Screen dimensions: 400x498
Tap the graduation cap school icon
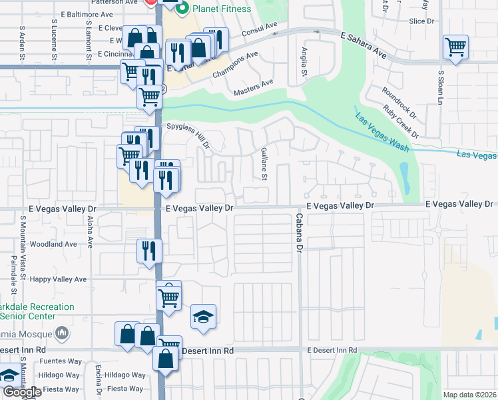(204, 317)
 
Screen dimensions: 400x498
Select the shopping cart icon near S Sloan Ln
(456, 47)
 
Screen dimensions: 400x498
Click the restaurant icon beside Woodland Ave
(149, 251)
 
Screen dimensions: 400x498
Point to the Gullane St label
(264, 164)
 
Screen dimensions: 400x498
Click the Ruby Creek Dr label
(401, 121)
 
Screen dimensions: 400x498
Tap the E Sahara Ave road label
(363, 43)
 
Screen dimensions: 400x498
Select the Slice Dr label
(421, 21)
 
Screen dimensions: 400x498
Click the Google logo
(22, 392)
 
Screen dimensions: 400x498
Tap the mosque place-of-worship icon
(62, 332)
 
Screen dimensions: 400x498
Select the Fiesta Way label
(126, 389)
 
